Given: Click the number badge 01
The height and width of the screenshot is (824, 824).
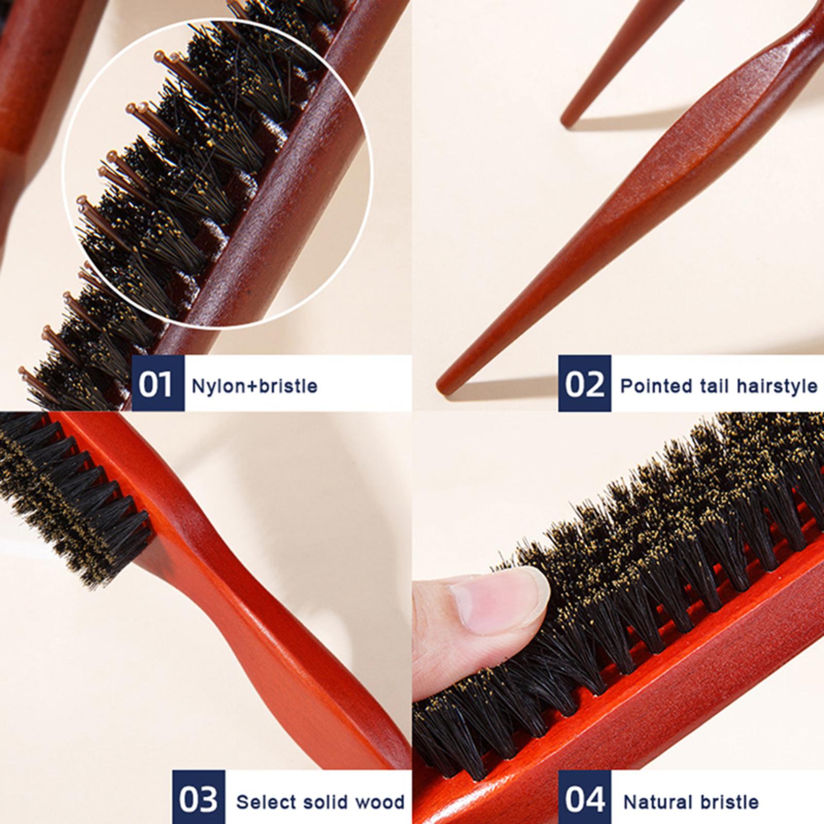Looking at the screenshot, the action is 157,383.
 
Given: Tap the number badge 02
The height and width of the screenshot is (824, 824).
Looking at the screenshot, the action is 585,383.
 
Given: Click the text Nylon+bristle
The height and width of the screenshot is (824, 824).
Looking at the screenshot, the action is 254,385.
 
